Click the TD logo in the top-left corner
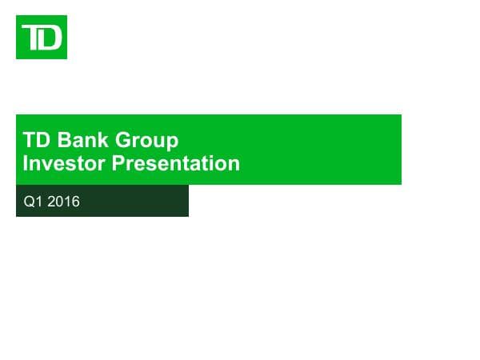pyautogui.click(x=42, y=37)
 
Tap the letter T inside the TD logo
pyautogui.click(x=33, y=37)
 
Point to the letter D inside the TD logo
pyautogui.click(x=50, y=38)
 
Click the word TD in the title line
pyautogui.click(x=34, y=142)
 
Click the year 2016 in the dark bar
pyautogui.click(x=63, y=202)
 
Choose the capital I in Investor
pyautogui.click(x=26, y=164)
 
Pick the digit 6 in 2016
pyautogui.click(x=76, y=202)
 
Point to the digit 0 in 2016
pyautogui.click(x=60, y=202)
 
